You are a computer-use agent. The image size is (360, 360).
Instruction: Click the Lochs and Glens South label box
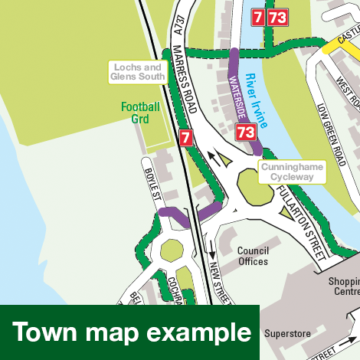click(138, 72)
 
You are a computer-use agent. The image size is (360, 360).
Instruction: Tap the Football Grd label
click(140, 113)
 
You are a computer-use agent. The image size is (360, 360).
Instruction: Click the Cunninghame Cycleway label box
click(293, 172)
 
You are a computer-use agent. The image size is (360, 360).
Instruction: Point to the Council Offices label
click(253, 256)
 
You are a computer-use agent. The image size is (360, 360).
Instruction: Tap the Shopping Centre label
click(344, 286)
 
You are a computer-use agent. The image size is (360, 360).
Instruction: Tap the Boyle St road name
click(151, 185)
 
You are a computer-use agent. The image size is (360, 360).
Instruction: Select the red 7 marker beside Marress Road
click(185, 138)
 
